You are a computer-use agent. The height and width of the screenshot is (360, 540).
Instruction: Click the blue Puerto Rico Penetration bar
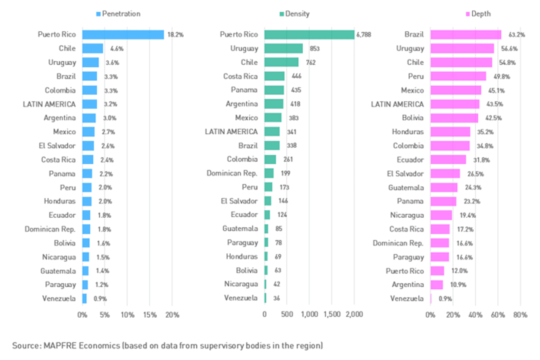click(x=123, y=34)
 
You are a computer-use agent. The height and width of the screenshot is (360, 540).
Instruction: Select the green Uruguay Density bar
click(x=283, y=48)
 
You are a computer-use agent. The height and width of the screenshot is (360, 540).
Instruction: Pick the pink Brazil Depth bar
click(x=466, y=34)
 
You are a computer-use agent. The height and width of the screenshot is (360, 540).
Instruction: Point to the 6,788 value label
click(x=363, y=34)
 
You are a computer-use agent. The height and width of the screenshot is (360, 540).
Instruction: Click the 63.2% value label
click(x=511, y=34)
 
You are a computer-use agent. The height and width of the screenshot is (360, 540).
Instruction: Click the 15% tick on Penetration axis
click(x=150, y=315)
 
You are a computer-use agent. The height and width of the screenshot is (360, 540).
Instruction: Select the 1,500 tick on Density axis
click(x=332, y=315)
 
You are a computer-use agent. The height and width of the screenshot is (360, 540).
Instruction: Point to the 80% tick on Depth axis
click(x=520, y=315)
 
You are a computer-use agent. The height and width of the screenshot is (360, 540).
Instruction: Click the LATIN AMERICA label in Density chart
click(x=231, y=131)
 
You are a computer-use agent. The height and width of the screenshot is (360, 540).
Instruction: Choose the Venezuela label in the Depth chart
click(x=407, y=298)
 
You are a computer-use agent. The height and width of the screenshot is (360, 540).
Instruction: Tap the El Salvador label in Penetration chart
click(x=57, y=146)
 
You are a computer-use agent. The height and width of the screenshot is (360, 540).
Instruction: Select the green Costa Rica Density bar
click(x=274, y=76)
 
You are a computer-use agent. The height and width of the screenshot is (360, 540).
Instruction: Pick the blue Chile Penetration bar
click(x=92, y=48)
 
